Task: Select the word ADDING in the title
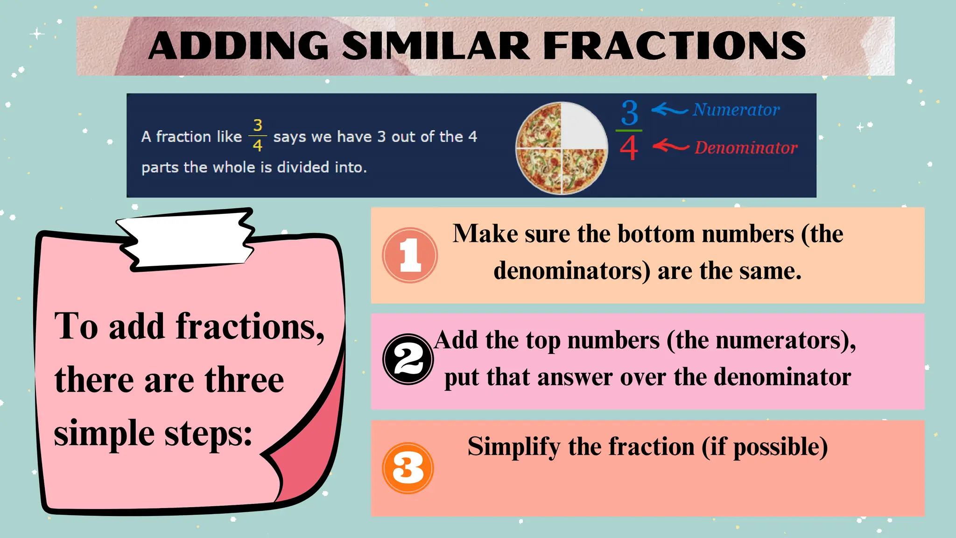(x=239, y=46)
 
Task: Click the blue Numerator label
(x=736, y=110)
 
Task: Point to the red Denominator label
(x=745, y=148)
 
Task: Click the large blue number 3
(x=629, y=113)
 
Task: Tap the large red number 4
(x=629, y=148)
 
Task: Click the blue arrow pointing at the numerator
(x=669, y=110)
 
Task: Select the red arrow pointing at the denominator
(x=670, y=146)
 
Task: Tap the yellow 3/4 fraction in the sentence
(x=257, y=135)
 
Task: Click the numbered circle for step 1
(x=410, y=255)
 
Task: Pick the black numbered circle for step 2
(x=408, y=359)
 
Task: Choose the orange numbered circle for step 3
(x=408, y=468)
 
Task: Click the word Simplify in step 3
(x=513, y=447)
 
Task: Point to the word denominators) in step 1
(x=572, y=271)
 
